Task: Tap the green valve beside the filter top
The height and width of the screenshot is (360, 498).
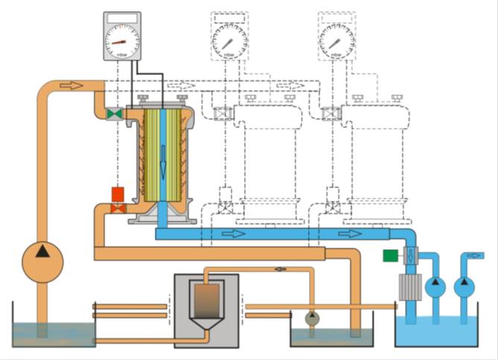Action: point(114,114)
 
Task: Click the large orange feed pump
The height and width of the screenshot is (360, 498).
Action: point(42,261)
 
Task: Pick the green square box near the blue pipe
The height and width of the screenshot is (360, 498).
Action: point(389,256)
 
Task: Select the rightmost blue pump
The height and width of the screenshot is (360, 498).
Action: point(465,284)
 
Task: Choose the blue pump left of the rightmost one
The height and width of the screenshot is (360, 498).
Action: point(434,284)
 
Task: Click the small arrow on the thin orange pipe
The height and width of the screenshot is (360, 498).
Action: point(280,269)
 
